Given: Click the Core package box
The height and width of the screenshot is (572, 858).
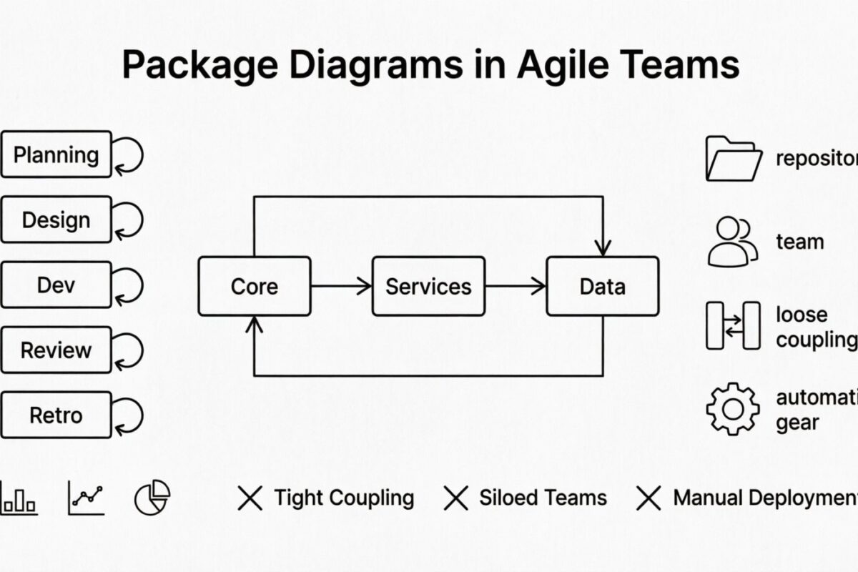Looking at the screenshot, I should [255, 286].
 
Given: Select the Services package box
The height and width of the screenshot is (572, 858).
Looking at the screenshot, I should [428, 286].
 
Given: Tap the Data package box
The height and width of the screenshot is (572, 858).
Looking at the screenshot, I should [602, 286].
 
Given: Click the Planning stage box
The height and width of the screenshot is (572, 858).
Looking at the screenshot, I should [56, 154].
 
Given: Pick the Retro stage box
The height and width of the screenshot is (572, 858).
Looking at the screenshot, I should [56, 415].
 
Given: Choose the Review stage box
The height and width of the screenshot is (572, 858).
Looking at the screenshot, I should [56, 350].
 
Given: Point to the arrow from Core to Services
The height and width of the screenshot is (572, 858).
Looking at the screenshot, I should [342, 286].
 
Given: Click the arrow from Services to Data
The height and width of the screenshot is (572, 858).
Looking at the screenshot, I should [516, 286].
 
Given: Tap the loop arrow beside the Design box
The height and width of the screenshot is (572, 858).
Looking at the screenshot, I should [129, 220].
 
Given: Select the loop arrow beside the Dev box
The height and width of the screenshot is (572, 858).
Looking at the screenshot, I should [129, 285].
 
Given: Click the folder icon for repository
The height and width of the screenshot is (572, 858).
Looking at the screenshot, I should [733, 158].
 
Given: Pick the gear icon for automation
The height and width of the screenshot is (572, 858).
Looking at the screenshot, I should [733, 409].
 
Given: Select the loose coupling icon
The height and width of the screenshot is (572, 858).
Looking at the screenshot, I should [733, 325].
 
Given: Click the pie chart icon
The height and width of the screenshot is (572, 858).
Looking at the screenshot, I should [152, 498].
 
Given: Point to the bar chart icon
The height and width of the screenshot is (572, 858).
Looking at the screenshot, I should [19, 498].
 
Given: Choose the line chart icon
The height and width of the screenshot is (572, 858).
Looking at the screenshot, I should [86, 498].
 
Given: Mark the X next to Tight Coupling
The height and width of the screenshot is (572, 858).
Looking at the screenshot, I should [250, 498].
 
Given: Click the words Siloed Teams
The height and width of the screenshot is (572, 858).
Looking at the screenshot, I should [543, 498].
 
